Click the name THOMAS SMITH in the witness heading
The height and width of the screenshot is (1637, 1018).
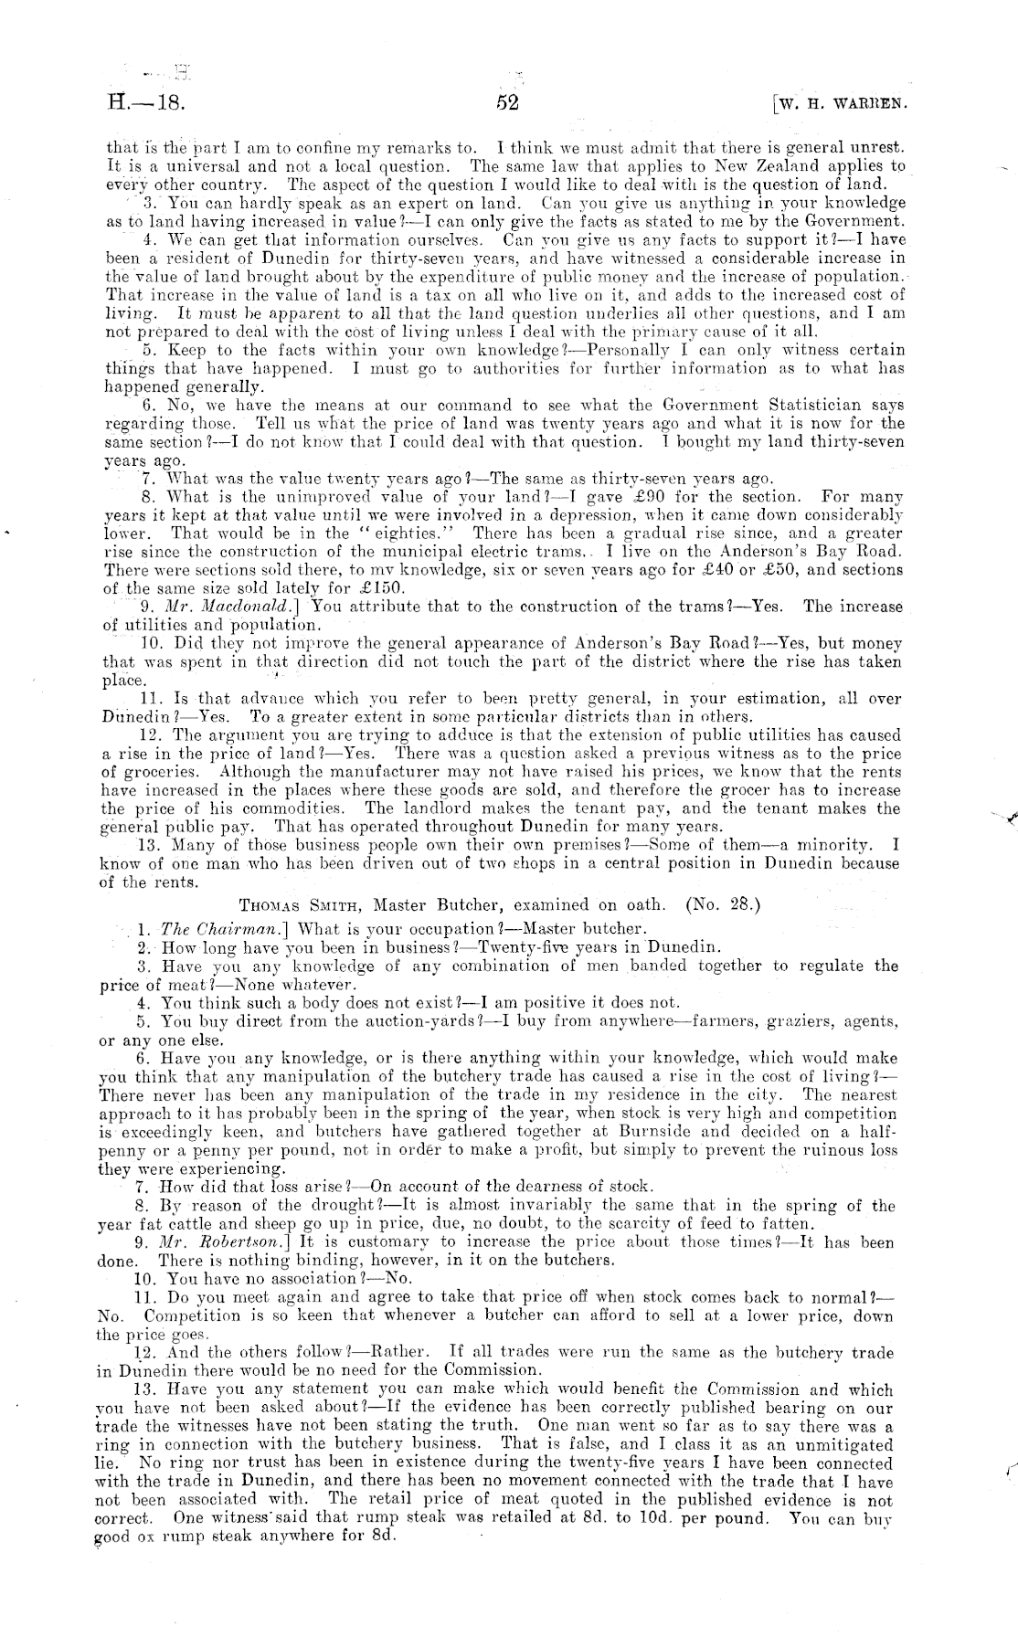295,905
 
